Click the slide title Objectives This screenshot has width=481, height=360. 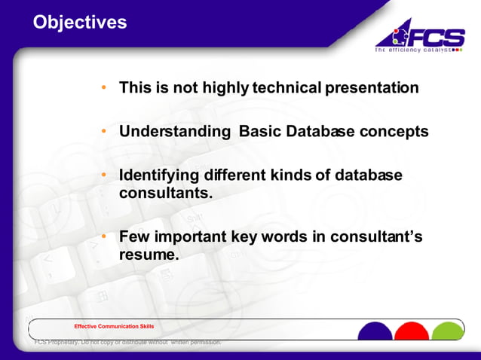point(80,23)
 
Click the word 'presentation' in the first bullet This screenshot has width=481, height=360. point(372,87)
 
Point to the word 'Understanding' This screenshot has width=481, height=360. point(175,131)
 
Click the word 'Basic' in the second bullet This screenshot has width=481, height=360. point(261,131)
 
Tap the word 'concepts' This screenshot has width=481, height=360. point(394,131)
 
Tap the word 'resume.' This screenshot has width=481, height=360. point(149,255)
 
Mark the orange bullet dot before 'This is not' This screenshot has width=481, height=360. point(106,88)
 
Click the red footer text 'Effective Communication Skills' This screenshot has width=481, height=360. point(114,326)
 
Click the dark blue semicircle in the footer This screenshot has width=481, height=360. point(375,332)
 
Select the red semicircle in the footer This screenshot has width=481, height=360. point(412,332)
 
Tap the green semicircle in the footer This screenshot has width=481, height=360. point(449,332)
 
